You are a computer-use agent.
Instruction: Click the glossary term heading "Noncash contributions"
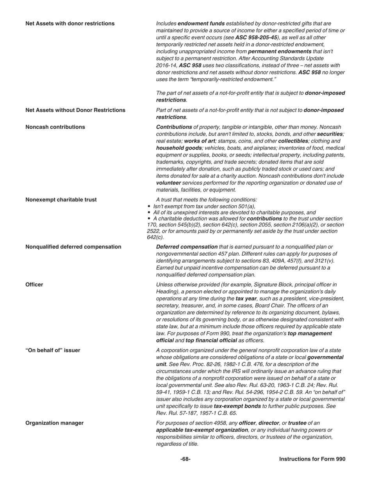55,127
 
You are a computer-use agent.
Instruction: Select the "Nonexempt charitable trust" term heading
61,199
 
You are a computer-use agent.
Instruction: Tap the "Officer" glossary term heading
34,284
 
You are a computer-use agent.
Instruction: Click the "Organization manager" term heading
54,423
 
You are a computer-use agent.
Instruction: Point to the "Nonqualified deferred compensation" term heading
73,247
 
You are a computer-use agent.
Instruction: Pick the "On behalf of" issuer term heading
53,350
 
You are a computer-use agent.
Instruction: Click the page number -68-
185,459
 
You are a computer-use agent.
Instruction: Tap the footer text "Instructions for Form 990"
312,459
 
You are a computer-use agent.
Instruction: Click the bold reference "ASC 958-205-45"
256,37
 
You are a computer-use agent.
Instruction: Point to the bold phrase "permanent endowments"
278,52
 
